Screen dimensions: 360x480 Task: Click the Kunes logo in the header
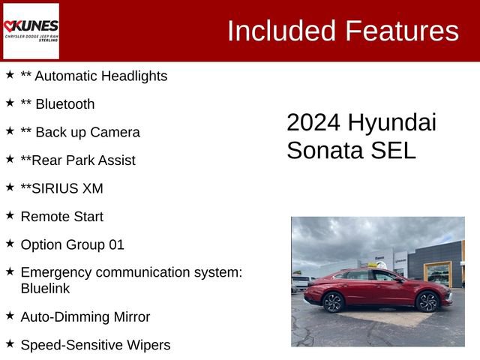pyautogui.click(x=31, y=31)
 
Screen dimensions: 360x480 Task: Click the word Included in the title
pyautogui.click(x=280, y=31)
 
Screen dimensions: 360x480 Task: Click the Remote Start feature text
pyautogui.click(x=62, y=217)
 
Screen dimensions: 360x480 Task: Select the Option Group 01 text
pyautogui.click(x=73, y=244)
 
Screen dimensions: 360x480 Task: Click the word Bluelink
pyautogui.click(x=45, y=288)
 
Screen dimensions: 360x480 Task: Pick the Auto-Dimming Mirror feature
pyautogui.click(x=85, y=317)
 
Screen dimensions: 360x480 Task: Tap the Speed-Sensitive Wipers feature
pyautogui.click(x=95, y=345)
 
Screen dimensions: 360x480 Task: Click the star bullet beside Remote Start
pyautogui.click(x=10, y=215)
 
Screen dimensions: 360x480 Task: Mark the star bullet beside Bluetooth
pyautogui.click(x=10, y=103)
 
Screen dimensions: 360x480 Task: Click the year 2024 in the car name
pyautogui.click(x=313, y=123)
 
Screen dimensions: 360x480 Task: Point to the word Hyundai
pyautogui.click(x=392, y=123)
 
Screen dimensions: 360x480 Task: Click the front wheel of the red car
pyautogui.click(x=427, y=301)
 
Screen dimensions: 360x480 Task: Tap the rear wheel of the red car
pyautogui.click(x=333, y=302)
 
